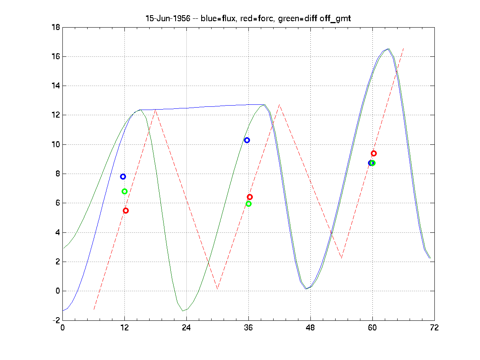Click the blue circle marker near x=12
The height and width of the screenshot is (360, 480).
(x=123, y=176)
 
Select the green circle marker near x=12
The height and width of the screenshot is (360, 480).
(x=124, y=191)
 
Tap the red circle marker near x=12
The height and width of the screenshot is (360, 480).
(x=126, y=210)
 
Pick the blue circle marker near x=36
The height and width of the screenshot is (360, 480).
(x=247, y=140)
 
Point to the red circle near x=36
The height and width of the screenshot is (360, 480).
(x=250, y=197)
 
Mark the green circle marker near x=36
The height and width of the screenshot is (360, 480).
(x=248, y=204)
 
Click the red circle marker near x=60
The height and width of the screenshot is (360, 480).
(x=374, y=153)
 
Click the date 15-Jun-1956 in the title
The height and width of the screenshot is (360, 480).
(x=168, y=19)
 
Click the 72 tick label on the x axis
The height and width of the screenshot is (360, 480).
(x=434, y=328)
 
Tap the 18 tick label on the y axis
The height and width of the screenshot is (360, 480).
(x=56, y=27)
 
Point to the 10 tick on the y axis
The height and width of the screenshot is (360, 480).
(x=56, y=144)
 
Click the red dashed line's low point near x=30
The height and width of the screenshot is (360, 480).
(x=217, y=289)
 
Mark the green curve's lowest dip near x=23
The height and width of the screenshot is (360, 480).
(x=183, y=311)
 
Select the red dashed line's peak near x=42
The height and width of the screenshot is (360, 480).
(x=279, y=105)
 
